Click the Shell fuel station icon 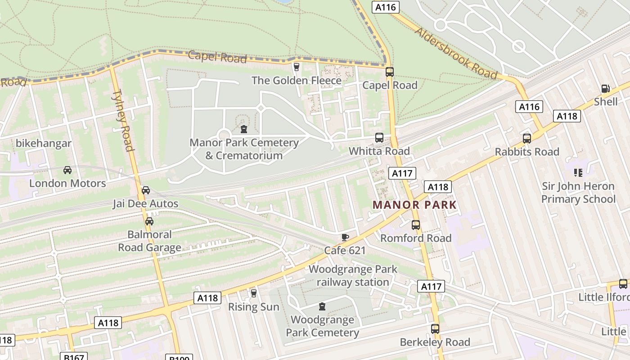605,89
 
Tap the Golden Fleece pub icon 296,67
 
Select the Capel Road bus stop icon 390,72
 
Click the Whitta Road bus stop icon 379,138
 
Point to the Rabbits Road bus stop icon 526,138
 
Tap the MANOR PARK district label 414,205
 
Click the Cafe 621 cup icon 345,237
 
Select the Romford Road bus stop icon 416,225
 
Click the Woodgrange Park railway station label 353,276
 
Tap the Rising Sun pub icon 253,293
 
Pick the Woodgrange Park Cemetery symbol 322,307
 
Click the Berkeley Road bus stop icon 435,329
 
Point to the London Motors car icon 67,170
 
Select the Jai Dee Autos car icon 145,190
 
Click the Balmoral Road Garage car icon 149,221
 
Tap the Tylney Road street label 123,121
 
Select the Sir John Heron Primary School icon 578,173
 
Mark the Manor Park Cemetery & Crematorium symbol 244,130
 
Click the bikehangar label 44,144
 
